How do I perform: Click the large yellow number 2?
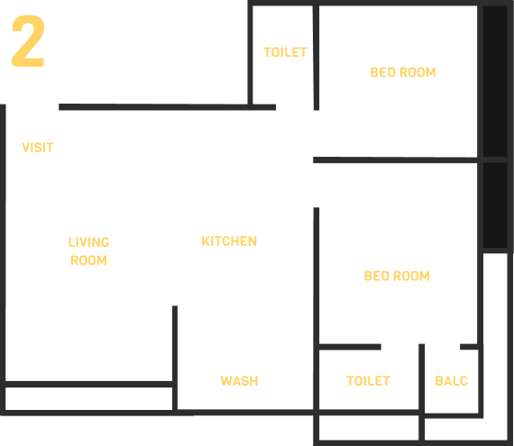(28, 41)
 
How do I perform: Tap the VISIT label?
(38, 148)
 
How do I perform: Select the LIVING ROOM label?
(89, 251)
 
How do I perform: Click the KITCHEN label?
(229, 241)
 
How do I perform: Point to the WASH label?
(240, 381)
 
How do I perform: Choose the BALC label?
(452, 381)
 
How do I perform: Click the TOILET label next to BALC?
(369, 381)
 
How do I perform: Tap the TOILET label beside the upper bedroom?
(285, 52)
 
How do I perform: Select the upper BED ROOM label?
(403, 72)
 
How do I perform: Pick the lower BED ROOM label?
(397, 276)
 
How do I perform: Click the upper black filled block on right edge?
(495, 81)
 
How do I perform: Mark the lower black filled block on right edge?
(495, 205)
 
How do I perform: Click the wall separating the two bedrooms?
(395, 160)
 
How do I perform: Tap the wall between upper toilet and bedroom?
(316, 58)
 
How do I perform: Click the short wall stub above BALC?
(469, 347)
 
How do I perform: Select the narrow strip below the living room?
(89, 398)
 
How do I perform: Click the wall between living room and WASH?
(175, 358)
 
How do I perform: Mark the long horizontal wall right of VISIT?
(167, 107)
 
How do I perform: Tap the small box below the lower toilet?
(369, 428)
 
